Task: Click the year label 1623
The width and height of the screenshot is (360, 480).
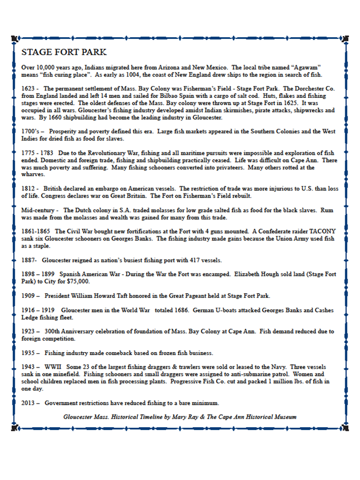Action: [x=28, y=88]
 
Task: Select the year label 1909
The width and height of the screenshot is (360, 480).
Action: [x=29, y=295]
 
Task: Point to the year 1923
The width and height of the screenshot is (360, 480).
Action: [x=29, y=331]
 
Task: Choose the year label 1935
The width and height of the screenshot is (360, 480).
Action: [x=29, y=353]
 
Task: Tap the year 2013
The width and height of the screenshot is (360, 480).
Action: [x=29, y=403]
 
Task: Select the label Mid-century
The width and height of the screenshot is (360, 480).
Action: [x=39, y=209]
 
